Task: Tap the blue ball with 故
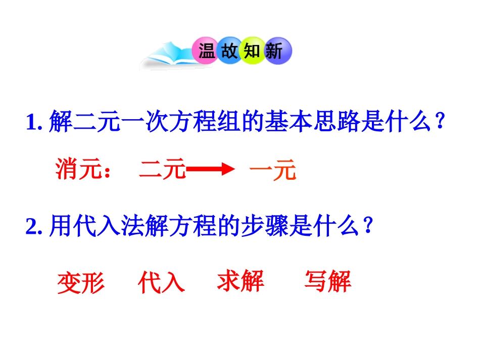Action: (x=230, y=51)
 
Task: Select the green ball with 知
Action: (x=253, y=51)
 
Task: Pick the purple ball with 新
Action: (x=275, y=51)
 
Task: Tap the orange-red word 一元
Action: (x=272, y=171)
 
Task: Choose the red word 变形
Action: (x=81, y=283)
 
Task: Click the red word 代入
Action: (x=161, y=283)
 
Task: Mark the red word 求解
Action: (x=241, y=281)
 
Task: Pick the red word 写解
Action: (x=327, y=281)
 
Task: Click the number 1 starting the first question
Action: (x=31, y=123)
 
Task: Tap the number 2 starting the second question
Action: (x=31, y=228)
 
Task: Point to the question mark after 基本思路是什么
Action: (x=440, y=123)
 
